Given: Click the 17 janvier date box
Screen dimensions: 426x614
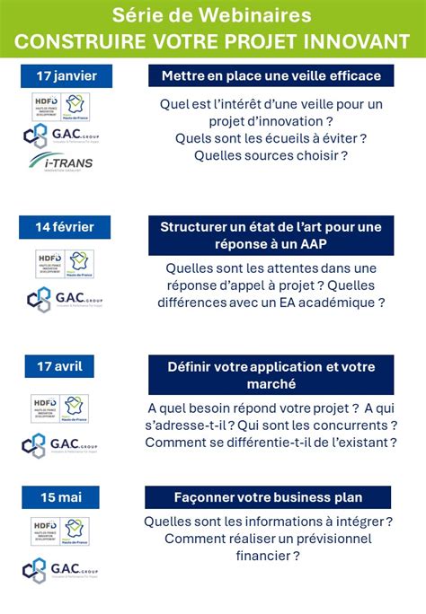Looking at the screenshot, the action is click(66, 76).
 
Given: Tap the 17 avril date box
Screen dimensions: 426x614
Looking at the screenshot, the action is click(66, 366).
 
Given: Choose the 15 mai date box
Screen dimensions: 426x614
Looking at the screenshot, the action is click(66, 496).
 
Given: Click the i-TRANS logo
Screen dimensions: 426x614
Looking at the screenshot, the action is click(61, 162).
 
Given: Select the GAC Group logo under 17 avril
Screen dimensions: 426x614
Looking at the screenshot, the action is click(63, 444).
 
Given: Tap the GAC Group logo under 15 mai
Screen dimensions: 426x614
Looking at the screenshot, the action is click(63, 569).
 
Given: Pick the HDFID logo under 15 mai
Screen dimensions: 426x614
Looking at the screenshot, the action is click(46, 530).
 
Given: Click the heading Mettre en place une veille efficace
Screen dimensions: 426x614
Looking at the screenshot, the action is click(271, 75).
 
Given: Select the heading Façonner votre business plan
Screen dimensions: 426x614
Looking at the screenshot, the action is click(269, 497).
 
